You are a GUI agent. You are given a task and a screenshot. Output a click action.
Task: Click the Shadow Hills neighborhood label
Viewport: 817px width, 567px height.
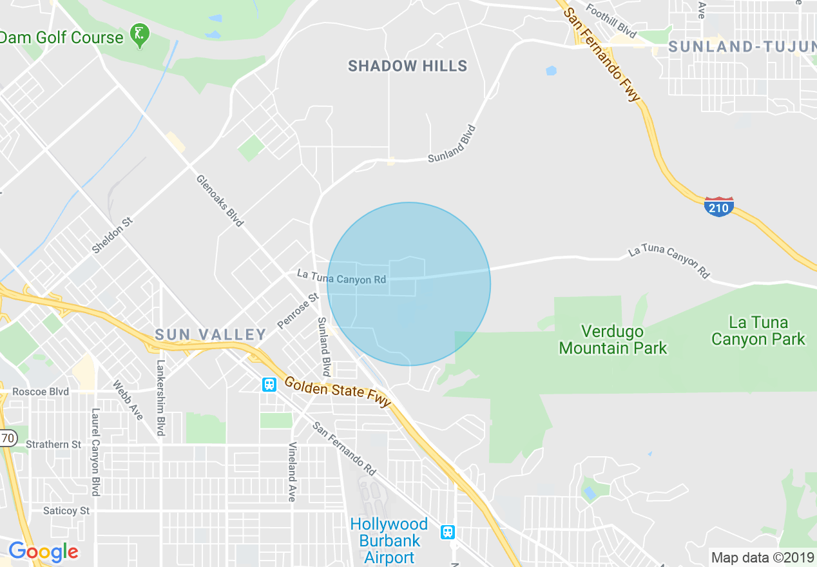click(407, 66)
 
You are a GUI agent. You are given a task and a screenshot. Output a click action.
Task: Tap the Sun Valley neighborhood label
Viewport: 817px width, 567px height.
click(210, 334)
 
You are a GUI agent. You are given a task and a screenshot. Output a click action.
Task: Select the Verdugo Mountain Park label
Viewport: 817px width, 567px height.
click(613, 340)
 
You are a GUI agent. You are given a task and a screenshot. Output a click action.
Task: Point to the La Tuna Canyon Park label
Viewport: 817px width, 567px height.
click(758, 331)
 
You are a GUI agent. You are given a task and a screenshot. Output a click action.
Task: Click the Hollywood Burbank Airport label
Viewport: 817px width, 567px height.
click(389, 541)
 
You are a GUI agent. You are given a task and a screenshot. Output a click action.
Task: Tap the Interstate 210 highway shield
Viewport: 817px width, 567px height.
click(719, 207)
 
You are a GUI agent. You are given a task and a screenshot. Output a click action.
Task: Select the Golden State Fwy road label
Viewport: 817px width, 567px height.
click(338, 392)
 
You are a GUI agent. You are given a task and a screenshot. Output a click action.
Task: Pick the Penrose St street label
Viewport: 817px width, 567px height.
click(298, 311)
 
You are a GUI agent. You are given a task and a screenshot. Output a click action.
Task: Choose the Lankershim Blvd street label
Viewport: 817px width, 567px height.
click(160, 398)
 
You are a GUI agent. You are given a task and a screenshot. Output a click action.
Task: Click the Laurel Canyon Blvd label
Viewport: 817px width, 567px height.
click(96, 452)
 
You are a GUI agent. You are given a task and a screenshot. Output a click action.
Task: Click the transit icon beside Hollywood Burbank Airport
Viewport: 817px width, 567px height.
click(447, 532)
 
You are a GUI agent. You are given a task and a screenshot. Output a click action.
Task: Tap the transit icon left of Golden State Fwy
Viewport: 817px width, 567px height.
click(269, 385)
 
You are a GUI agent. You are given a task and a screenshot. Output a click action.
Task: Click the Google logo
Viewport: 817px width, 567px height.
click(43, 552)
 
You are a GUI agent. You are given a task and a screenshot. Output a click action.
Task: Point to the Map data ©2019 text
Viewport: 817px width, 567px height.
click(761, 557)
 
